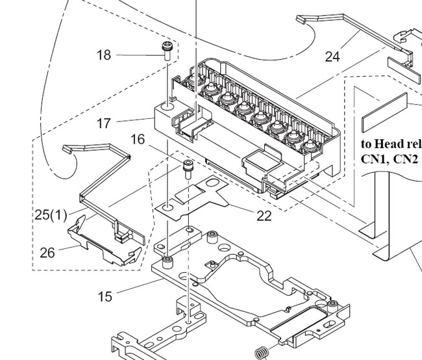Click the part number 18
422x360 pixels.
point(104,55)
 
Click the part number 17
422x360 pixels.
point(104,123)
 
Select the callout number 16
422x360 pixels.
point(137,139)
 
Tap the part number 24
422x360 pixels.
point(332,57)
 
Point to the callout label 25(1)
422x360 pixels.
point(51,214)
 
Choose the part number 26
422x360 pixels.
point(47,252)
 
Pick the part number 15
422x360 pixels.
point(105,297)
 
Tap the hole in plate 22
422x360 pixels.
point(167,208)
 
